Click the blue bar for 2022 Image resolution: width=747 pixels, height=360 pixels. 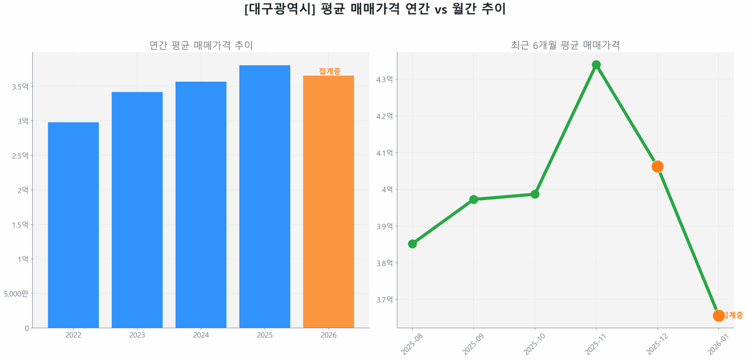73,225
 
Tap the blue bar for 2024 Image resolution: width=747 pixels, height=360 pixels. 201,204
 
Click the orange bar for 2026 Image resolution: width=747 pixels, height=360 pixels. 328,201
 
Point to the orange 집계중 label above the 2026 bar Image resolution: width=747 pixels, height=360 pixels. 329,71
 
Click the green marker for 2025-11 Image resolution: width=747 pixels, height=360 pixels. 596,64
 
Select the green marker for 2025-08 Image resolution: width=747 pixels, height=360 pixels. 412,244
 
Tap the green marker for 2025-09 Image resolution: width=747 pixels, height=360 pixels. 473,199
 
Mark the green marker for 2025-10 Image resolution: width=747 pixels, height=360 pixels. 535,194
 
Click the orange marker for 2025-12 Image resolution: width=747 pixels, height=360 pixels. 657,166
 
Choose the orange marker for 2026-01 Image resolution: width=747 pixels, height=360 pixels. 718,315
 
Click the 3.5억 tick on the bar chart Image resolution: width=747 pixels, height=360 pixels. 20,86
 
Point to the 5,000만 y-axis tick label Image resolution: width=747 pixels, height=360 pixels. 16,293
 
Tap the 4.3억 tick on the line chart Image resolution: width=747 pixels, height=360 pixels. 384,79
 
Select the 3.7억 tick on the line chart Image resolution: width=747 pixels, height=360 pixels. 384,299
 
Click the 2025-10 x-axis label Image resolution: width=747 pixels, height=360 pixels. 534,344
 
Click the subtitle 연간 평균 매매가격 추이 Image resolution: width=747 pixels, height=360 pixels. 201,45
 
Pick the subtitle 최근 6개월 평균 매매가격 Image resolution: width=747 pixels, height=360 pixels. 565,45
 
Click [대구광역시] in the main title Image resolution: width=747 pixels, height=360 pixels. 280,9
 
